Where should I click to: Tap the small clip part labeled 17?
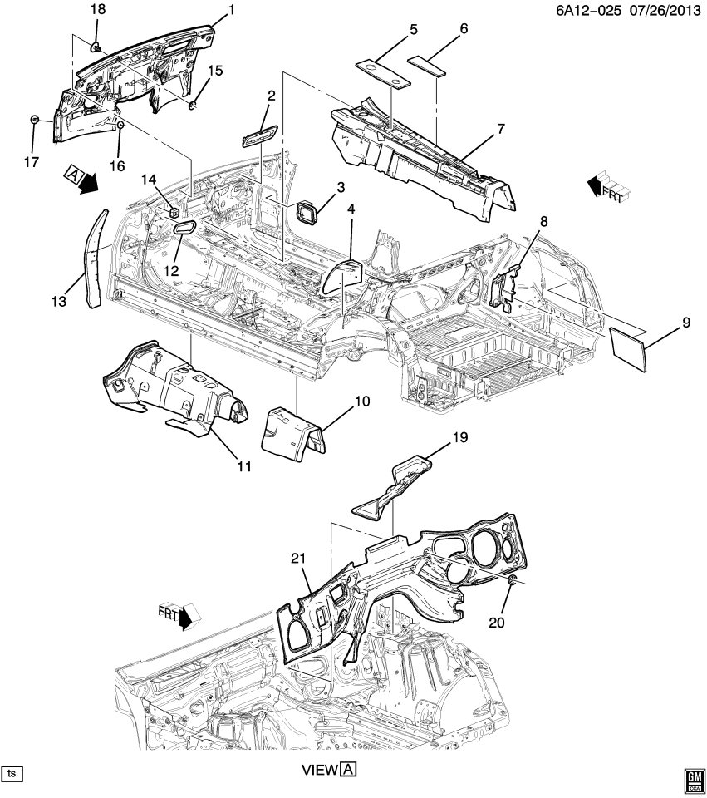(x=34, y=120)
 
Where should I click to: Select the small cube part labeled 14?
(x=175, y=212)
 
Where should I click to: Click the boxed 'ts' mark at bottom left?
(x=12, y=773)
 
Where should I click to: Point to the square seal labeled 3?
(x=307, y=213)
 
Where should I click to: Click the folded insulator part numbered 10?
(x=291, y=430)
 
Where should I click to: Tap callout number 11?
(x=242, y=466)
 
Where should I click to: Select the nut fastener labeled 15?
(x=192, y=105)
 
